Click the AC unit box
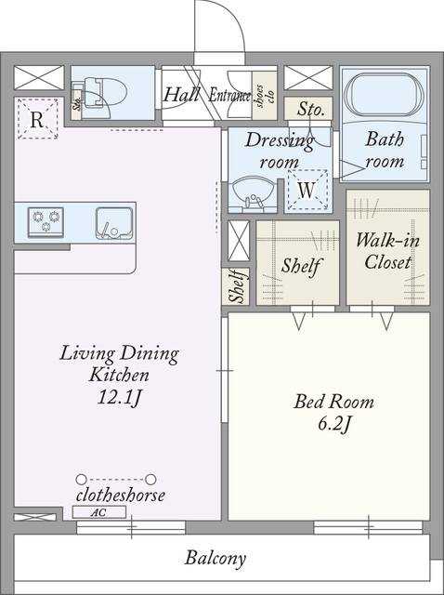pyautogui.click(x=99, y=512)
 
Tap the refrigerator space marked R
pyautogui.click(x=38, y=119)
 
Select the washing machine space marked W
pyautogui.click(x=307, y=190)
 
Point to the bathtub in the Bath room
pyautogui.click(x=385, y=97)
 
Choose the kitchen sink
pyautogui.click(x=114, y=223)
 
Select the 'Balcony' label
pyautogui.click(x=215, y=559)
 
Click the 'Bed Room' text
pyautogui.click(x=333, y=402)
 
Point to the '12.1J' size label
pyautogui.click(x=120, y=398)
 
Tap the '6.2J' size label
pyautogui.click(x=333, y=425)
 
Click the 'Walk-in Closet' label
pyautogui.click(x=387, y=251)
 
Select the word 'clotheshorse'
pyautogui.click(x=121, y=496)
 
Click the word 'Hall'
pyautogui.click(x=181, y=95)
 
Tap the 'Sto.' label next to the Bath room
pyautogui.click(x=310, y=110)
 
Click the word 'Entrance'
pyautogui.click(x=230, y=95)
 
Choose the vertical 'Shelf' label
pyautogui.click(x=238, y=286)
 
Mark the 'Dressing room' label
pyautogui.click(x=280, y=151)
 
